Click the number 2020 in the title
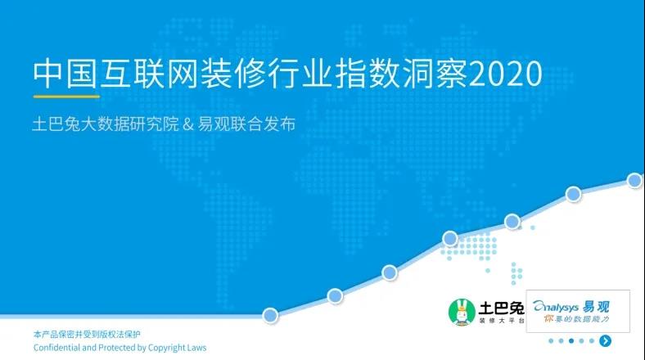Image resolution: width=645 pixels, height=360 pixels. click(x=505, y=74)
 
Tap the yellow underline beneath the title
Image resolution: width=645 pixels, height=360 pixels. click(x=66, y=97)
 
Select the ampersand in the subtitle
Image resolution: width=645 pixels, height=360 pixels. click(x=187, y=124)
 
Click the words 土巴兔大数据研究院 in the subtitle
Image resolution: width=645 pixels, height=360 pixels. click(x=106, y=124)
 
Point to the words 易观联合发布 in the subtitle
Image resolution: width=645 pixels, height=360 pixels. click(x=246, y=124)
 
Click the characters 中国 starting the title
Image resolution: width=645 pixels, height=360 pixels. click(x=65, y=74)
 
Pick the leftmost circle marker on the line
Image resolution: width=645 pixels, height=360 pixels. click(x=270, y=316)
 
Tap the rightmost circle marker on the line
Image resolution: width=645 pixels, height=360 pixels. click(x=634, y=181)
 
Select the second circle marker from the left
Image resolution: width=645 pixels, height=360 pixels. click(x=335, y=295)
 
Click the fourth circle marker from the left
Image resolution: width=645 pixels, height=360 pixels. click(x=450, y=238)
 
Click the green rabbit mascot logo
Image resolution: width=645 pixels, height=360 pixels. click(x=462, y=313)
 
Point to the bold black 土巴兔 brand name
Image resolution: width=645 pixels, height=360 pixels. click(x=502, y=308)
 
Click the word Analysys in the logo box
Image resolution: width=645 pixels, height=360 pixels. click(x=556, y=307)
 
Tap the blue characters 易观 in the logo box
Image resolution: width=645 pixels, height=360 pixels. click(x=596, y=307)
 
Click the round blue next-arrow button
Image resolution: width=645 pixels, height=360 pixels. click(x=605, y=340)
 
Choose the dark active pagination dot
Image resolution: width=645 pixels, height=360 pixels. click(x=571, y=340)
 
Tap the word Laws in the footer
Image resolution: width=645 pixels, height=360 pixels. click(x=196, y=348)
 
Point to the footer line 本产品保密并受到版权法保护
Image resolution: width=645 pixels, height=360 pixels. click(x=87, y=335)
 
